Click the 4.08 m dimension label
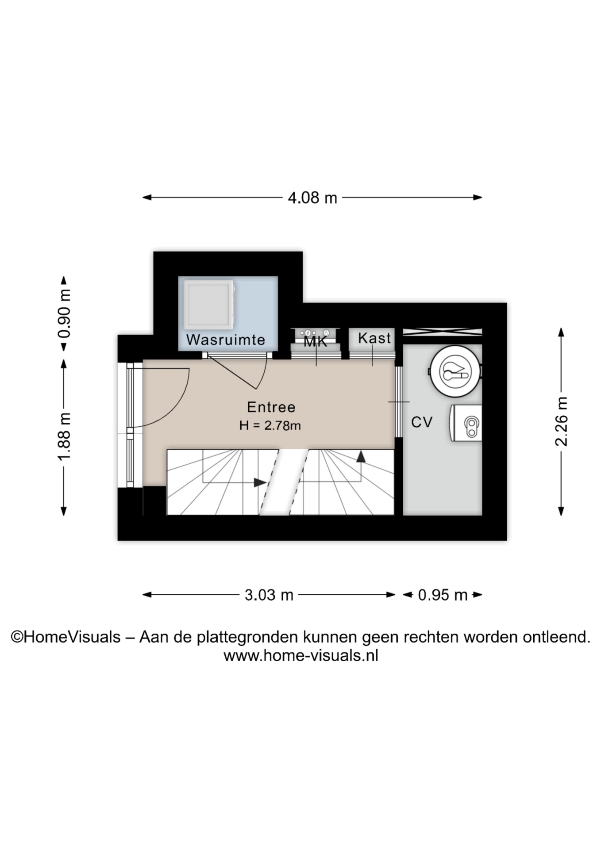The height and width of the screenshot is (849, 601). click(312, 198)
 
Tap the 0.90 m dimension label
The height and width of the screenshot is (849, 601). click(65, 314)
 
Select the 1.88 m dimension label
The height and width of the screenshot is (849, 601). click(65, 436)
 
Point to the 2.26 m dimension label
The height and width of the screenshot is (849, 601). click(562, 421)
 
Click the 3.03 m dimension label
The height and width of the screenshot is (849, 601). click(269, 595)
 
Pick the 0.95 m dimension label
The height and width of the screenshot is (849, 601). click(443, 595)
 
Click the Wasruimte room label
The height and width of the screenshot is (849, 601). click(226, 340)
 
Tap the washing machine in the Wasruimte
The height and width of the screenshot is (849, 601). click(209, 305)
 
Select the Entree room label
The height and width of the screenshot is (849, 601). click(271, 407)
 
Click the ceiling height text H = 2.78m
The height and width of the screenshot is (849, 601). click(270, 425)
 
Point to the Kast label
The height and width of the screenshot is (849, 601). click(374, 338)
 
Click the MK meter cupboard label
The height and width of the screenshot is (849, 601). click(316, 341)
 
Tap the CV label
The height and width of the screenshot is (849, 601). click(421, 422)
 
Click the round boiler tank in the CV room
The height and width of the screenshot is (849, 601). click(455, 371)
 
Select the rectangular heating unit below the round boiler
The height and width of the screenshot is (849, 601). click(466, 423)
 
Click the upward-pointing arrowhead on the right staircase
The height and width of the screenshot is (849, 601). click(361, 457)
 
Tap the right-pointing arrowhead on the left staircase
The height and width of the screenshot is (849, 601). click(260, 482)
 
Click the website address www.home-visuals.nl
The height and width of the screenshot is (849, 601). click(301, 655)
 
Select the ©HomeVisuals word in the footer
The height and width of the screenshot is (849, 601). click(65, 637)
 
